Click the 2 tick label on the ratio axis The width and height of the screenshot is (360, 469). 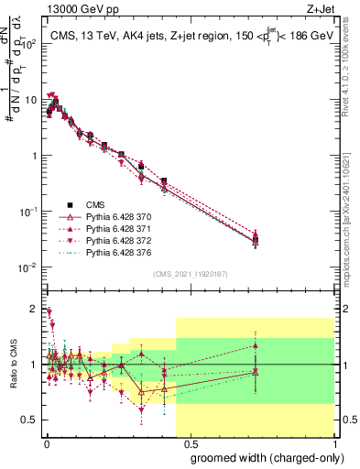pyautogui.click(x=33, y=308)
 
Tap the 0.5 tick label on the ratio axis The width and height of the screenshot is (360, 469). pyautogui.click(x=29, y=420)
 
